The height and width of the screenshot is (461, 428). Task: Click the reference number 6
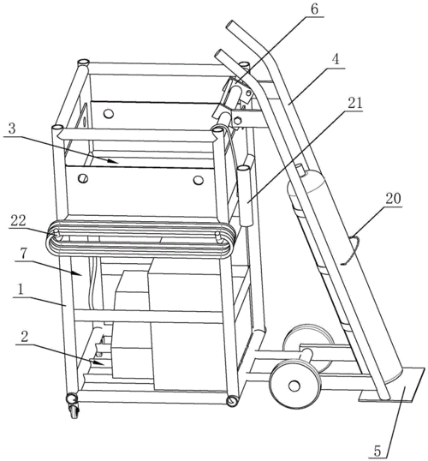pyautogui.click(x=314, y=9)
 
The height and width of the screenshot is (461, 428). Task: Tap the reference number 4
pyautogui.click(x=336, y=60)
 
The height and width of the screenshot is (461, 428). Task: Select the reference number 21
pyautogui.click(x=355, y=103)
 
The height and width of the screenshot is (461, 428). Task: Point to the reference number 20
pyautogui.click(x=393, y=199)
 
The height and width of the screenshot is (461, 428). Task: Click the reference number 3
pyautogui.click(x=12, y=129)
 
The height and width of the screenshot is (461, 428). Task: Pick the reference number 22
pyautogui.click(x=18, y=221)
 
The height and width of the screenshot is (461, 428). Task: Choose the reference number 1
pyautogui.click(x=21, y=290)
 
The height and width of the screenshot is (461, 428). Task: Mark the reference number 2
pyautogui.click(x=25, y=337)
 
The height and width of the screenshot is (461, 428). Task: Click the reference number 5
pyautogui.click(x=377, y=451)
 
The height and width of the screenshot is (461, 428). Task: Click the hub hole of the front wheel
pyautogui.click(x=294, y=386)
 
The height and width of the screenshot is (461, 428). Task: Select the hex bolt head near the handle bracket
pyautogui.click(x=237, y=121)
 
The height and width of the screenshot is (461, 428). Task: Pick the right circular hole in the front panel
pyautogui.click(x=198, y=180)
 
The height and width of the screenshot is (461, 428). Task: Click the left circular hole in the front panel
pyautogui.click(x=83, y=178)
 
